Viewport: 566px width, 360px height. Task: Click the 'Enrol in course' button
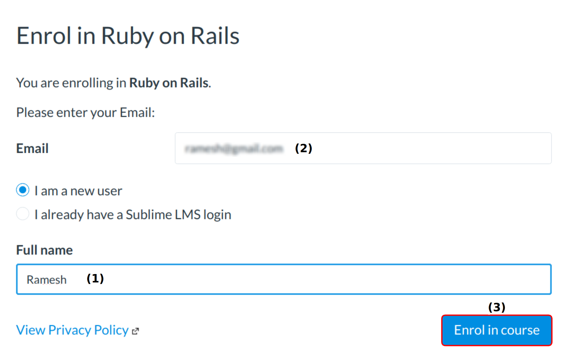(x=497, y=330)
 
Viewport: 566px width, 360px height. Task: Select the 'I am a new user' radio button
(x=23, y=190)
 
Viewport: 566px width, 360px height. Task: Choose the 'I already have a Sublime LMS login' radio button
(x=23, y=214)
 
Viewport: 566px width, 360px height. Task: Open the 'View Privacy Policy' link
(x=72, y=330)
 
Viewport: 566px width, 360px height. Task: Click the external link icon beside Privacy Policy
(x=135, y=331)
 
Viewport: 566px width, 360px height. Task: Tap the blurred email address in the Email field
(x=234, y=149)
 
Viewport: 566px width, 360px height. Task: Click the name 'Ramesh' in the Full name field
(x=47, y=280)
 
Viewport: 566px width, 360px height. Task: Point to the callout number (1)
(x=95, y=279)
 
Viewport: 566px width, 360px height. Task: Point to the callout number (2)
(x=303, y=148)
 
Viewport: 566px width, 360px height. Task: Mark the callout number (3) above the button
(x=497, y=307)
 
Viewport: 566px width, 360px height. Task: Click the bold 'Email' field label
(x=32, y=149)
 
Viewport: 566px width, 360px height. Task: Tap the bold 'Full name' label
(x=45, y=250)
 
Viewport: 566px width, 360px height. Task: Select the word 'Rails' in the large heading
(x=215, y=36)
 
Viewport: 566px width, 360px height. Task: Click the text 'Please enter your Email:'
(x=86, y=113)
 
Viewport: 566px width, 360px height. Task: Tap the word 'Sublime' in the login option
(x=149, y=215)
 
